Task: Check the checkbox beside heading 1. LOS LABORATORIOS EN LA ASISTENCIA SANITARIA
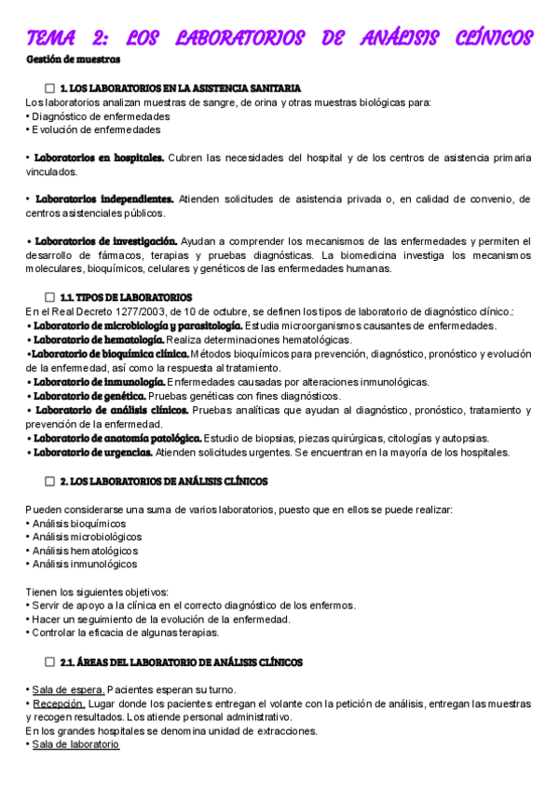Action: tap(50, 88)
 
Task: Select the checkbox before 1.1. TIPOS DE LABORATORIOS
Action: tap(50, 297)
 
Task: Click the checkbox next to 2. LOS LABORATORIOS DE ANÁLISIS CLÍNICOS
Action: tap(50, 482)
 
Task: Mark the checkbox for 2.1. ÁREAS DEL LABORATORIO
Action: tap(50, 662)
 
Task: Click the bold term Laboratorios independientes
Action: tap(104, 198)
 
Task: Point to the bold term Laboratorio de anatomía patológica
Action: tap(116, 438)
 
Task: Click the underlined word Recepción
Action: tap(59, 703)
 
